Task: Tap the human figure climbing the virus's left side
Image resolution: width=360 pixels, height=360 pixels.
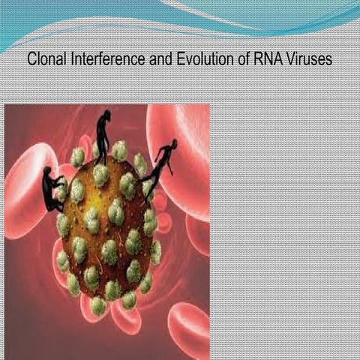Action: (x=52, y=189)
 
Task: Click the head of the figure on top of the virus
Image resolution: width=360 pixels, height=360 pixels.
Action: (x=106, y=115)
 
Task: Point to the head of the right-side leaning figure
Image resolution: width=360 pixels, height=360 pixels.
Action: (x=174, y=142)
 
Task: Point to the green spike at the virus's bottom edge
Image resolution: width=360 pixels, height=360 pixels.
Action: (x=98, y=307)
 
